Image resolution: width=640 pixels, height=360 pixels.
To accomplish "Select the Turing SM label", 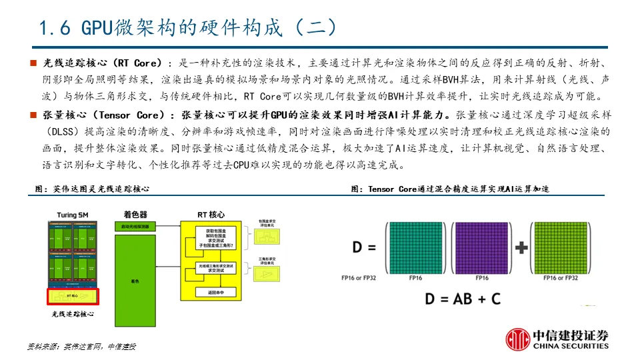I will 73,215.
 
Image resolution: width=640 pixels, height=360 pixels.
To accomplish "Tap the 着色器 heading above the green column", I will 135,215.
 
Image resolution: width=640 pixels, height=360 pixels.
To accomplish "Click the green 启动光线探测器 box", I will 135,227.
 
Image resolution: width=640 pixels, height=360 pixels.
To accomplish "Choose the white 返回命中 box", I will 205,292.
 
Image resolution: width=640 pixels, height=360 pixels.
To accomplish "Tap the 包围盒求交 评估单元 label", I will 266,223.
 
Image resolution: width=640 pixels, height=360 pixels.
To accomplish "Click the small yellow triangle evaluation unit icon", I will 266,275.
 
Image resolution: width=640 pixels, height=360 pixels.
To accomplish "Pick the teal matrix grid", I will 411,247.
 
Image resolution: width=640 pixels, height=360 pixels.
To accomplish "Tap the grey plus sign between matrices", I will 521,248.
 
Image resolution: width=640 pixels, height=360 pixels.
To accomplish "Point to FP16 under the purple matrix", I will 483,278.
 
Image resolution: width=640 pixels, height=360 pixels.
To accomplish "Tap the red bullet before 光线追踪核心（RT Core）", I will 33,63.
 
